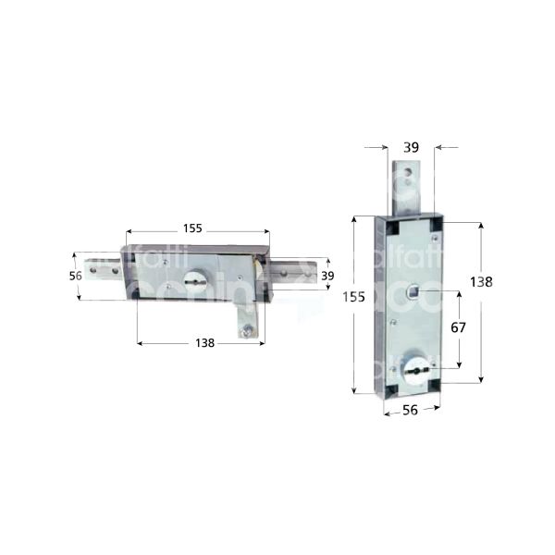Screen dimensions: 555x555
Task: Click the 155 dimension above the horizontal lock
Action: point(192,228)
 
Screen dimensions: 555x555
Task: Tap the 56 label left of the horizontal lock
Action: point(77,276)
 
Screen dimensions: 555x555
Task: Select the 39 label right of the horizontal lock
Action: point(327,276)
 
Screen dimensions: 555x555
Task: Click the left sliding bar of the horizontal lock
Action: point(104,271)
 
